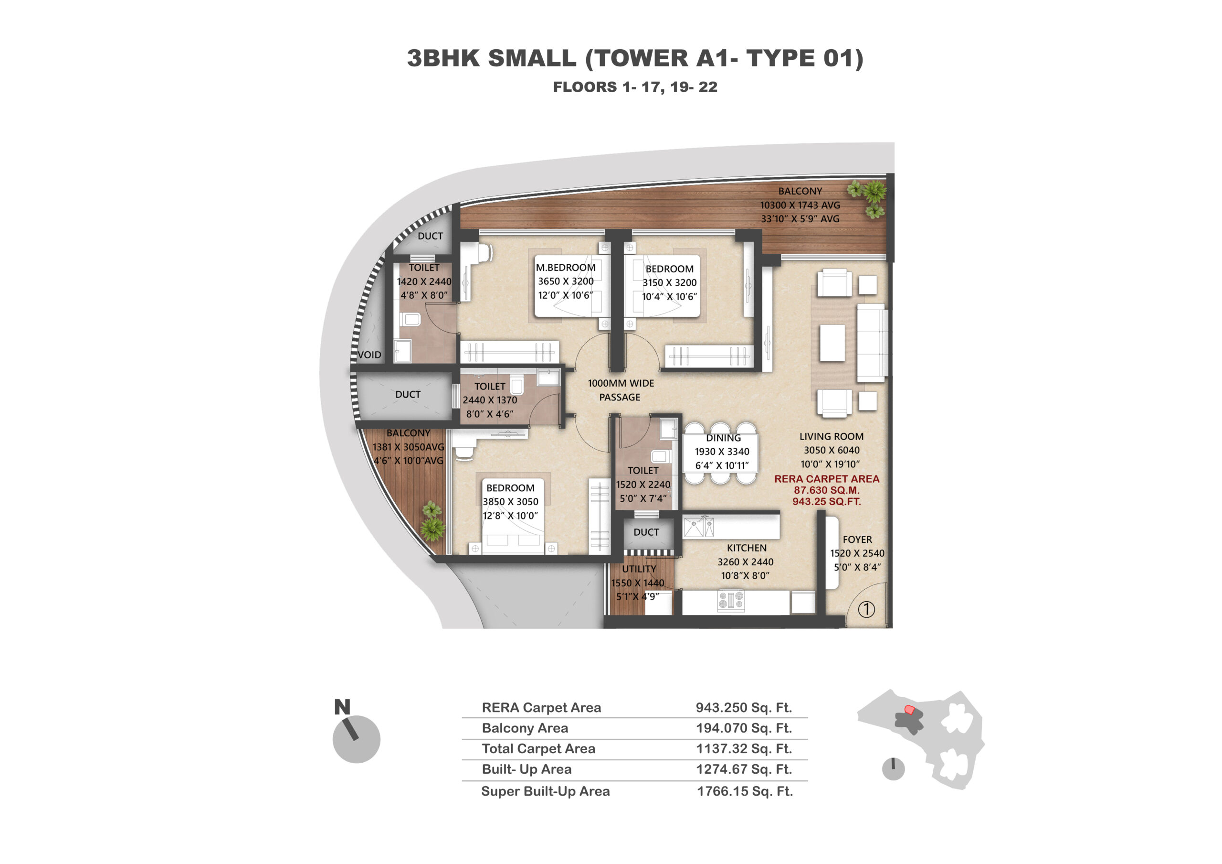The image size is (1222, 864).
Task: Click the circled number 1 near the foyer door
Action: pos(866,609)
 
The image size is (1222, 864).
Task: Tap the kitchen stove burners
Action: pos(731,600)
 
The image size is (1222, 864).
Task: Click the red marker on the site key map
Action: pos(910,710)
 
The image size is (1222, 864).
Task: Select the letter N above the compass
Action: pos(342,707)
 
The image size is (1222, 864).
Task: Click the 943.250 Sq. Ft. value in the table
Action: pos(744,707)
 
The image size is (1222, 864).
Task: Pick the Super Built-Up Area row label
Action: pos(545,791)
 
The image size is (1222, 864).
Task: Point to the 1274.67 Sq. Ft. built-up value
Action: pos(744,769)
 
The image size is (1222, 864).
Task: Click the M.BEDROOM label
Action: pos(565,268)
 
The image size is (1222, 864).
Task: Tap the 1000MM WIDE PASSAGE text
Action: pos(621,390)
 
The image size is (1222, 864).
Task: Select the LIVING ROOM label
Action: pos(832,436)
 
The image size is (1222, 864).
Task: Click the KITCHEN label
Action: pos(747,548)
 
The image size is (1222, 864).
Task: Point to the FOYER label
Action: pos(857,539)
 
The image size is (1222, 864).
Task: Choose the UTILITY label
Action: pos(639,569)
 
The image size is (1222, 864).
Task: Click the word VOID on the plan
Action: pos(369,355)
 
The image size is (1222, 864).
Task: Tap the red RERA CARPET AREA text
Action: pos(827,479)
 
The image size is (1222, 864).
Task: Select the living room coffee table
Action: pos(832,343)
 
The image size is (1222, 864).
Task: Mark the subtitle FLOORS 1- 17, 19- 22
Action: pos(635,87)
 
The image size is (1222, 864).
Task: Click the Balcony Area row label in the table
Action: pos(525,728)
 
